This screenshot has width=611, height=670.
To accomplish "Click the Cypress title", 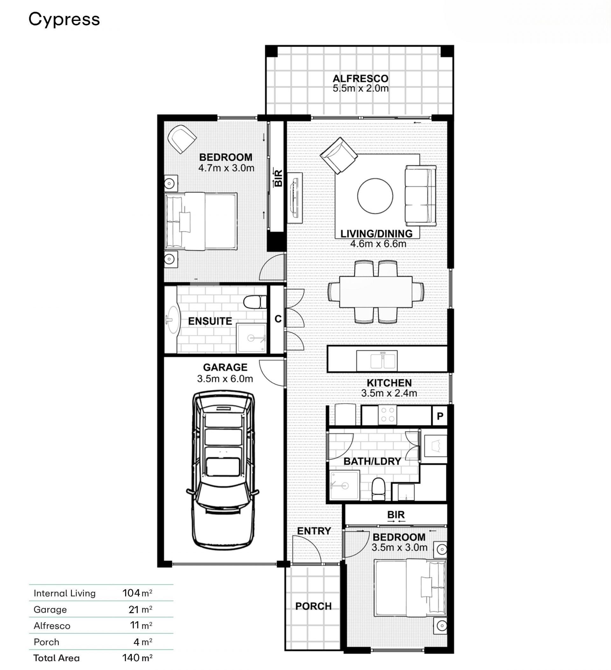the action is pyautogui.click(x=64, y=20).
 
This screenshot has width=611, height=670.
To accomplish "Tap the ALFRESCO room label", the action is pyautogui.click(x=360, y=79).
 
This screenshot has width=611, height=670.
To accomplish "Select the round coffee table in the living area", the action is pyautogui.click(x=375, y=196).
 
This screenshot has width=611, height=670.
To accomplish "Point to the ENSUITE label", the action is pyautogui.click(x=210, y=321).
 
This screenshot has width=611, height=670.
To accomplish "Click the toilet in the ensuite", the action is pyautogui.click(x=255, y=302).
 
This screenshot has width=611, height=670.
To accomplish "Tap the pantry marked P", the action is pyautogui.click(x=440, y=416).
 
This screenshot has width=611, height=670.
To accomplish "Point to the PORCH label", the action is pyautogui.click(x=313, y=606).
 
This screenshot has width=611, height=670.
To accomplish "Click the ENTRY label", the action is pyautogui.click(x=314, y=531).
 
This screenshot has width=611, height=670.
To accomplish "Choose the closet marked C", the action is pyautogui.click(x=278, y=319).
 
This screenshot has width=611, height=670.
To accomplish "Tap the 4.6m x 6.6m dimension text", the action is pyautogui.click(x=378, y=244).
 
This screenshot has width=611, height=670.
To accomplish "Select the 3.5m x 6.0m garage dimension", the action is pyautogui.click(x=225, y=379).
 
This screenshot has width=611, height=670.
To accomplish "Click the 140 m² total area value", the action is pyautogui.click(x=137, y=657).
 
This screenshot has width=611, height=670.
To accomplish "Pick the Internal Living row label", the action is pyautogui.click(x=65, y=593).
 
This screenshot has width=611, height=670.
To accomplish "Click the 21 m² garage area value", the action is pyautogui.click(x=140, y=609).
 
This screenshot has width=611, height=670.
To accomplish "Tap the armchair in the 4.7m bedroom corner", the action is pyautogui.click(x=182, y=139).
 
